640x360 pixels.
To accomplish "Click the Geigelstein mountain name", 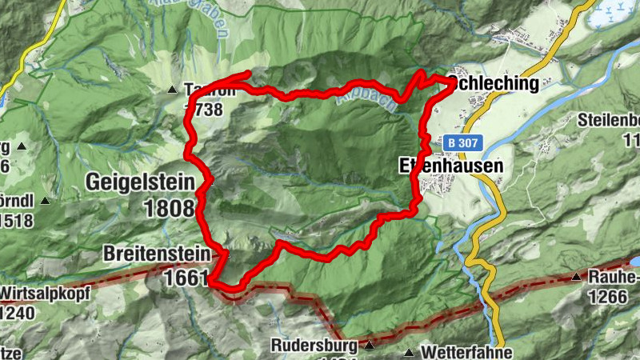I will pyautogui.click(x=140, y=182).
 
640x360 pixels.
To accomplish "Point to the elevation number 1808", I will pyautogui.click(x=170, y=209).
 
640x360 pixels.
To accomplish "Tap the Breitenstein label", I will pyautogui.click(x=155, y=254).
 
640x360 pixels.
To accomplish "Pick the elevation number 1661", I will pyautogui.click(x=185, y=278).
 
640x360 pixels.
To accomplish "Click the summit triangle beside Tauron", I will pyautogui.click(x=172, y=90).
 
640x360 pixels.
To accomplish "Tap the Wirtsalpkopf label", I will pyautogui.click(x=33, y=292).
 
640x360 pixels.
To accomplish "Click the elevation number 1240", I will pyautogui.click(x=17, y=312).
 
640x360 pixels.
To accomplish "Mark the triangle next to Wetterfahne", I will pyautogui.click(x=410, y=352).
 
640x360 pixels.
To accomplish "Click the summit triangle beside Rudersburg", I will pyautogui.click(x=369, y=346).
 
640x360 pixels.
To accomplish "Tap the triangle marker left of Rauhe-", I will pyautogui.click(x=575, y=278).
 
